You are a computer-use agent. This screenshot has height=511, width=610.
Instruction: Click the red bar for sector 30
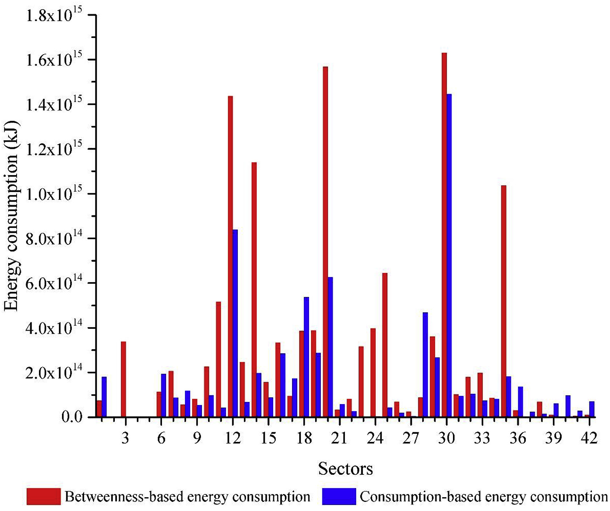tap(444, 235)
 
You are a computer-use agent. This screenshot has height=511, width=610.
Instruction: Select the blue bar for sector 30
tap(449, 255)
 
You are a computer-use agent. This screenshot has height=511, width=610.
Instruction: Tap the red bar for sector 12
tap(230, 257)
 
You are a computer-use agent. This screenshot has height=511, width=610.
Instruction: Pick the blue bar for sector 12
tap(235, 323)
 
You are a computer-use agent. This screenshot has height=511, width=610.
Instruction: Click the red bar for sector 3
tap(123, 379)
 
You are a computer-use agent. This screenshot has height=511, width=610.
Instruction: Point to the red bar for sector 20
tap(325, 242)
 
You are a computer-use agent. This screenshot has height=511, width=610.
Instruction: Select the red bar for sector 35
tap(504, 301)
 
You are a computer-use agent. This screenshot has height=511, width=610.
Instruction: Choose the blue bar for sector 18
tap(306, 357)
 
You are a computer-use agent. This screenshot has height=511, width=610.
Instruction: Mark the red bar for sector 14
tap(254, 290)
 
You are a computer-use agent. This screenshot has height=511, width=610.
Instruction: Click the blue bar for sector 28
tap(425, 365)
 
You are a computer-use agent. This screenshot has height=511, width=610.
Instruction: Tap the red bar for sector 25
tap(385, 345)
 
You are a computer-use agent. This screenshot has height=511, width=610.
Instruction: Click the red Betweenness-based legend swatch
tap(44, 496)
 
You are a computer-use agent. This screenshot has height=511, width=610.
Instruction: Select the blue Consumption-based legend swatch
tap(339, 496)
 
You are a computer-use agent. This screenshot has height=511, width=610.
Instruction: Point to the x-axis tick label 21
tap(339, 438)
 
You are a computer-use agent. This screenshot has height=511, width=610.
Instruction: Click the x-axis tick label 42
tap(589, 438)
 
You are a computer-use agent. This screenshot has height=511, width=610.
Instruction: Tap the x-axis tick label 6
tap(161, 438)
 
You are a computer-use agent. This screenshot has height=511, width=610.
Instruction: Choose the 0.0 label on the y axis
tap(72, 417)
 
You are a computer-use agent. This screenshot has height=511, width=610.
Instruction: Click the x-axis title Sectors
tap(346, 468)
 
